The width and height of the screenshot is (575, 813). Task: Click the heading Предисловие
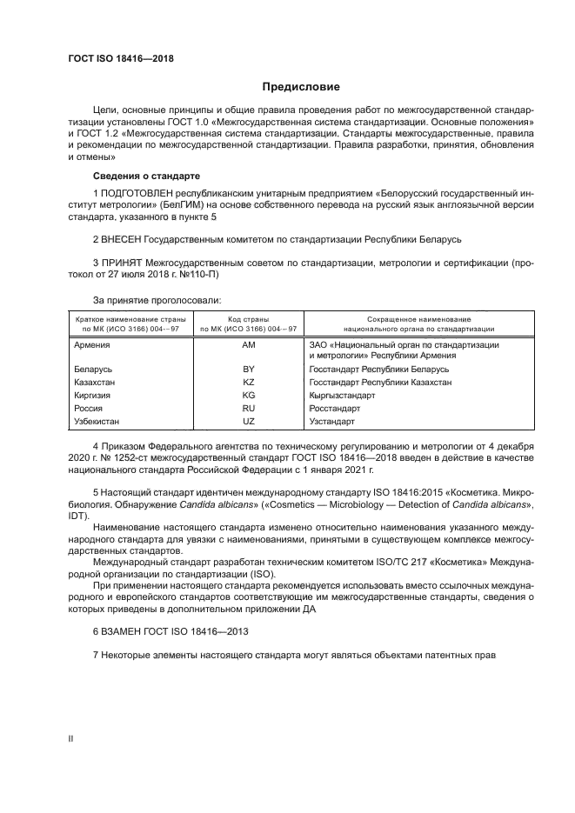point(302,87)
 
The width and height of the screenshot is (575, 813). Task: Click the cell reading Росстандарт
point(335,408)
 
